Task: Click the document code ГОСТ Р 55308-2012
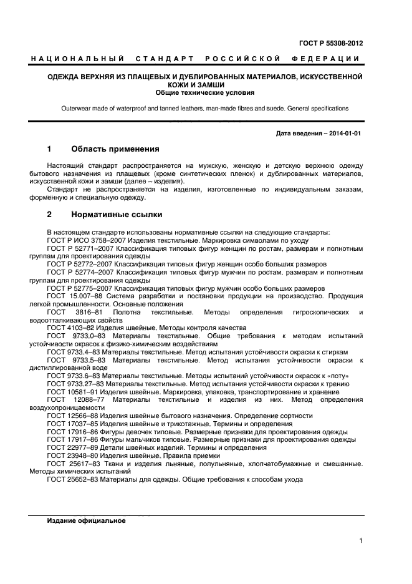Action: tap(331, 44)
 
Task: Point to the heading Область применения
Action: tap(115, 150)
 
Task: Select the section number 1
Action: tap(49, 150)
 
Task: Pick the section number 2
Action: tap(49, 215)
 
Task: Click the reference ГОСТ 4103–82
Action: tap(72, 328)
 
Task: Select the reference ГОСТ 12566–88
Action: tap(74, 416)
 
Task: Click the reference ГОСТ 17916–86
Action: tap(74, 432)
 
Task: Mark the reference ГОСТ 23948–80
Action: tap(74, 455)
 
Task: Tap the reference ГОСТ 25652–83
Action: tap(74, 480)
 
